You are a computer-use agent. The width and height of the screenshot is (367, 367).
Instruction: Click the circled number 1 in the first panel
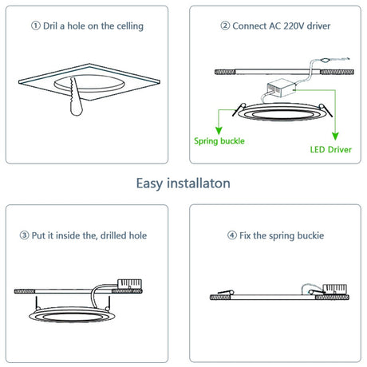36,26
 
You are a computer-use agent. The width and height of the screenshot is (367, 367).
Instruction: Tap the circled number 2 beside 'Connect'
225,26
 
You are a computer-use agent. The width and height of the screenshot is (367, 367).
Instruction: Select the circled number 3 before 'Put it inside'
24,235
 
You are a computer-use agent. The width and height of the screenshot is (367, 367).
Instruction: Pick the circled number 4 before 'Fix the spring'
232,235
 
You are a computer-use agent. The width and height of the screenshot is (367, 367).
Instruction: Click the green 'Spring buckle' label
219,141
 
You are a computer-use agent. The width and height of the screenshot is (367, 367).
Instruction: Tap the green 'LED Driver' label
331,149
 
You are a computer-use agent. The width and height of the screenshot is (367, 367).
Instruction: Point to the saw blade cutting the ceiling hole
76,97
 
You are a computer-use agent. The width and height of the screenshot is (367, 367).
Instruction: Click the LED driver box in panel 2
282,88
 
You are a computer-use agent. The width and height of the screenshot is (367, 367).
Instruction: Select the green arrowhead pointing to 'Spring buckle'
219,131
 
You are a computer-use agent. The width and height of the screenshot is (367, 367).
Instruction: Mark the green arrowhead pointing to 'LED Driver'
335,136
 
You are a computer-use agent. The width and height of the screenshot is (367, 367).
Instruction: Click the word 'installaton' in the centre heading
199,183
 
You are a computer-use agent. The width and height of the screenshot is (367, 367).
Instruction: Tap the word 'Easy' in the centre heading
149,183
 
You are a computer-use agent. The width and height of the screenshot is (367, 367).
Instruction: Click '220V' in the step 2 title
294,26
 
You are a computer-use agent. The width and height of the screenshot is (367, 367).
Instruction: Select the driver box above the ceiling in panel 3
129,284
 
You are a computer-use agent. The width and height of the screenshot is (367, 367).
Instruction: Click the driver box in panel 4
334,289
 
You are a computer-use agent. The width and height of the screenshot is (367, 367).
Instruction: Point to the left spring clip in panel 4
226,293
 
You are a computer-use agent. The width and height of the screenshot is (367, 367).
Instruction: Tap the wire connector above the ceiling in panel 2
325,61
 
